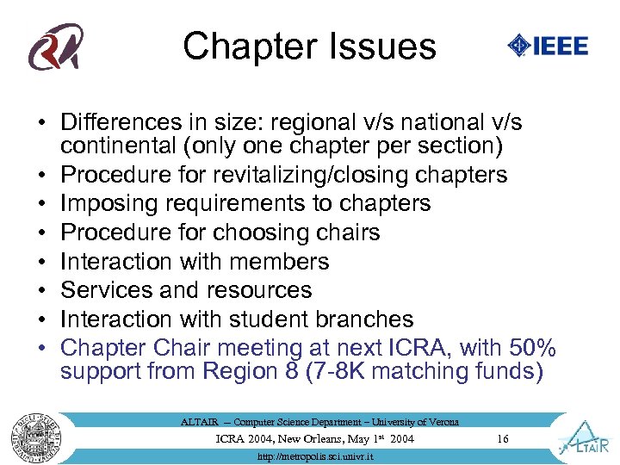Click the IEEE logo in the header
click(548, 46)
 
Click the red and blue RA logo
click(56, 46)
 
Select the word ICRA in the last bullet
click(418, 348)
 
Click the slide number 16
click(503, 439)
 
